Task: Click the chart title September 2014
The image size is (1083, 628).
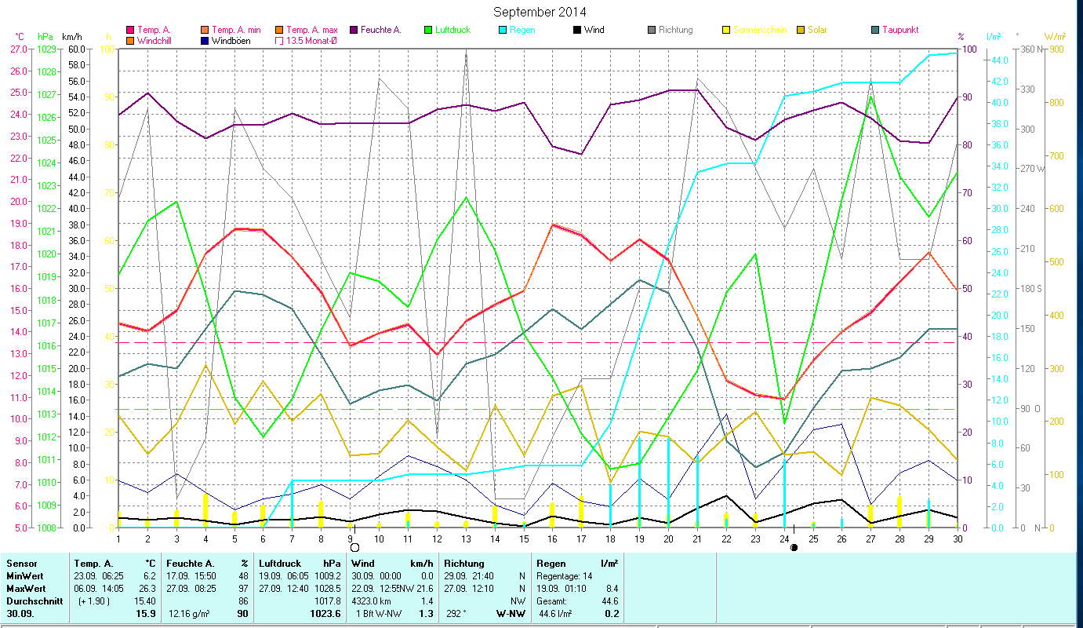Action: [x=540, y=12]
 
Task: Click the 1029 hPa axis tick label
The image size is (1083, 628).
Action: [x=46, y=49]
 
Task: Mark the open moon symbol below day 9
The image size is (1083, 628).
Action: [x=354, y=547]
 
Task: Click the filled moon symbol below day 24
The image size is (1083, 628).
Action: [x=794, y=547]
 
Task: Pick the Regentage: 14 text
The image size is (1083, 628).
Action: [x=565, y=575]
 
